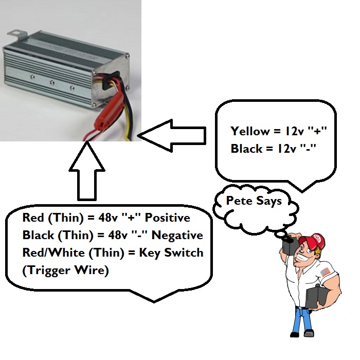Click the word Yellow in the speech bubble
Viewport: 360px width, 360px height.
click(x=249, y=131)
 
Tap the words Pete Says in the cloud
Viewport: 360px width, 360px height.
click(x=254, y=201)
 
